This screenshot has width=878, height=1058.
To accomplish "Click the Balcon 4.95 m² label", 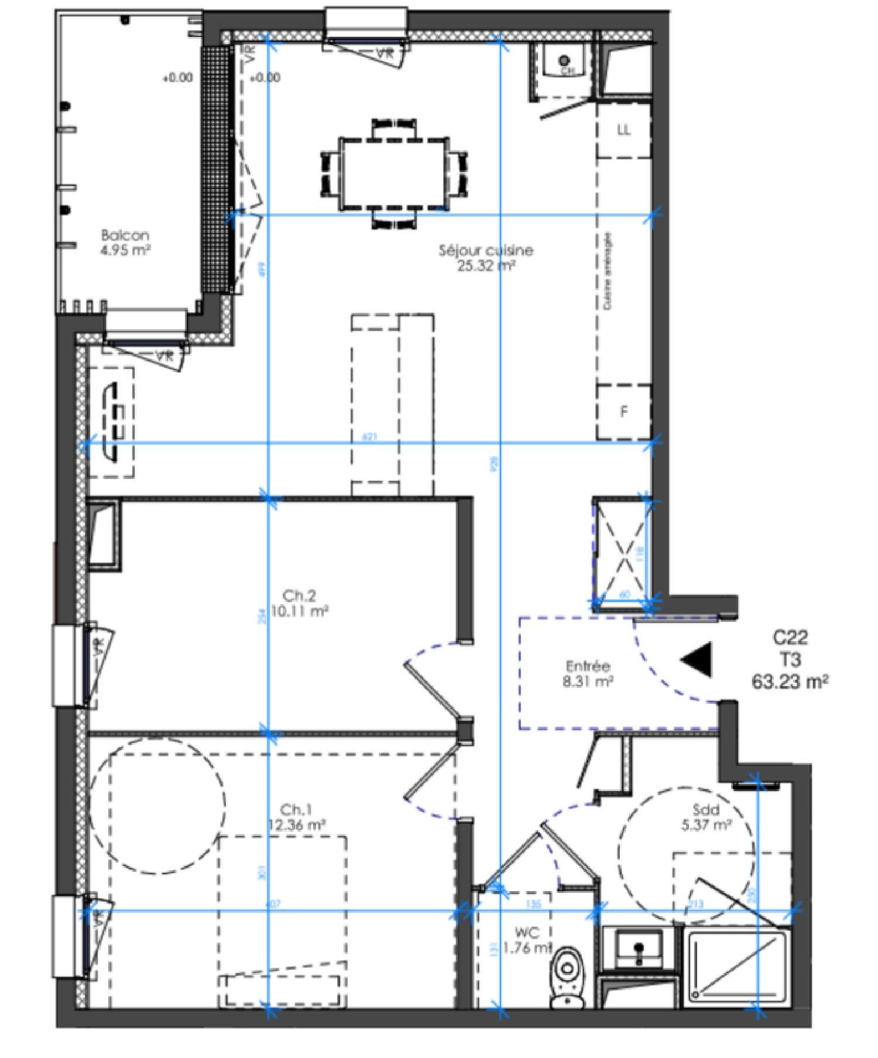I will (125, 242).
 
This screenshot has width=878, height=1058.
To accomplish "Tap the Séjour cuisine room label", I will (486, 258).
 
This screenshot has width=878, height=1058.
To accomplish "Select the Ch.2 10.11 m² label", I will (299, 603).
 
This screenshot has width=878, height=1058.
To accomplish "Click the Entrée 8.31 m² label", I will (588, 673).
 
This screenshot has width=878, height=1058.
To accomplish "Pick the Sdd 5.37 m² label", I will (706, 817).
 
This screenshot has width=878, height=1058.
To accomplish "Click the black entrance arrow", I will (698, 659).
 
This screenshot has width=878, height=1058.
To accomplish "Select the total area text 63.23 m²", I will (790, 682).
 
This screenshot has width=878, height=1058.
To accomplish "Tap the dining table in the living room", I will (394, 174).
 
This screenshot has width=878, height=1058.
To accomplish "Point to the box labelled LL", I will (624, 130).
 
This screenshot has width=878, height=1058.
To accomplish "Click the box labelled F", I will (624, 412).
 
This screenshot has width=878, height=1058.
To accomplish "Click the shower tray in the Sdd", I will (738, 966).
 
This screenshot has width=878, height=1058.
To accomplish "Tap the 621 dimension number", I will (370, 437).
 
